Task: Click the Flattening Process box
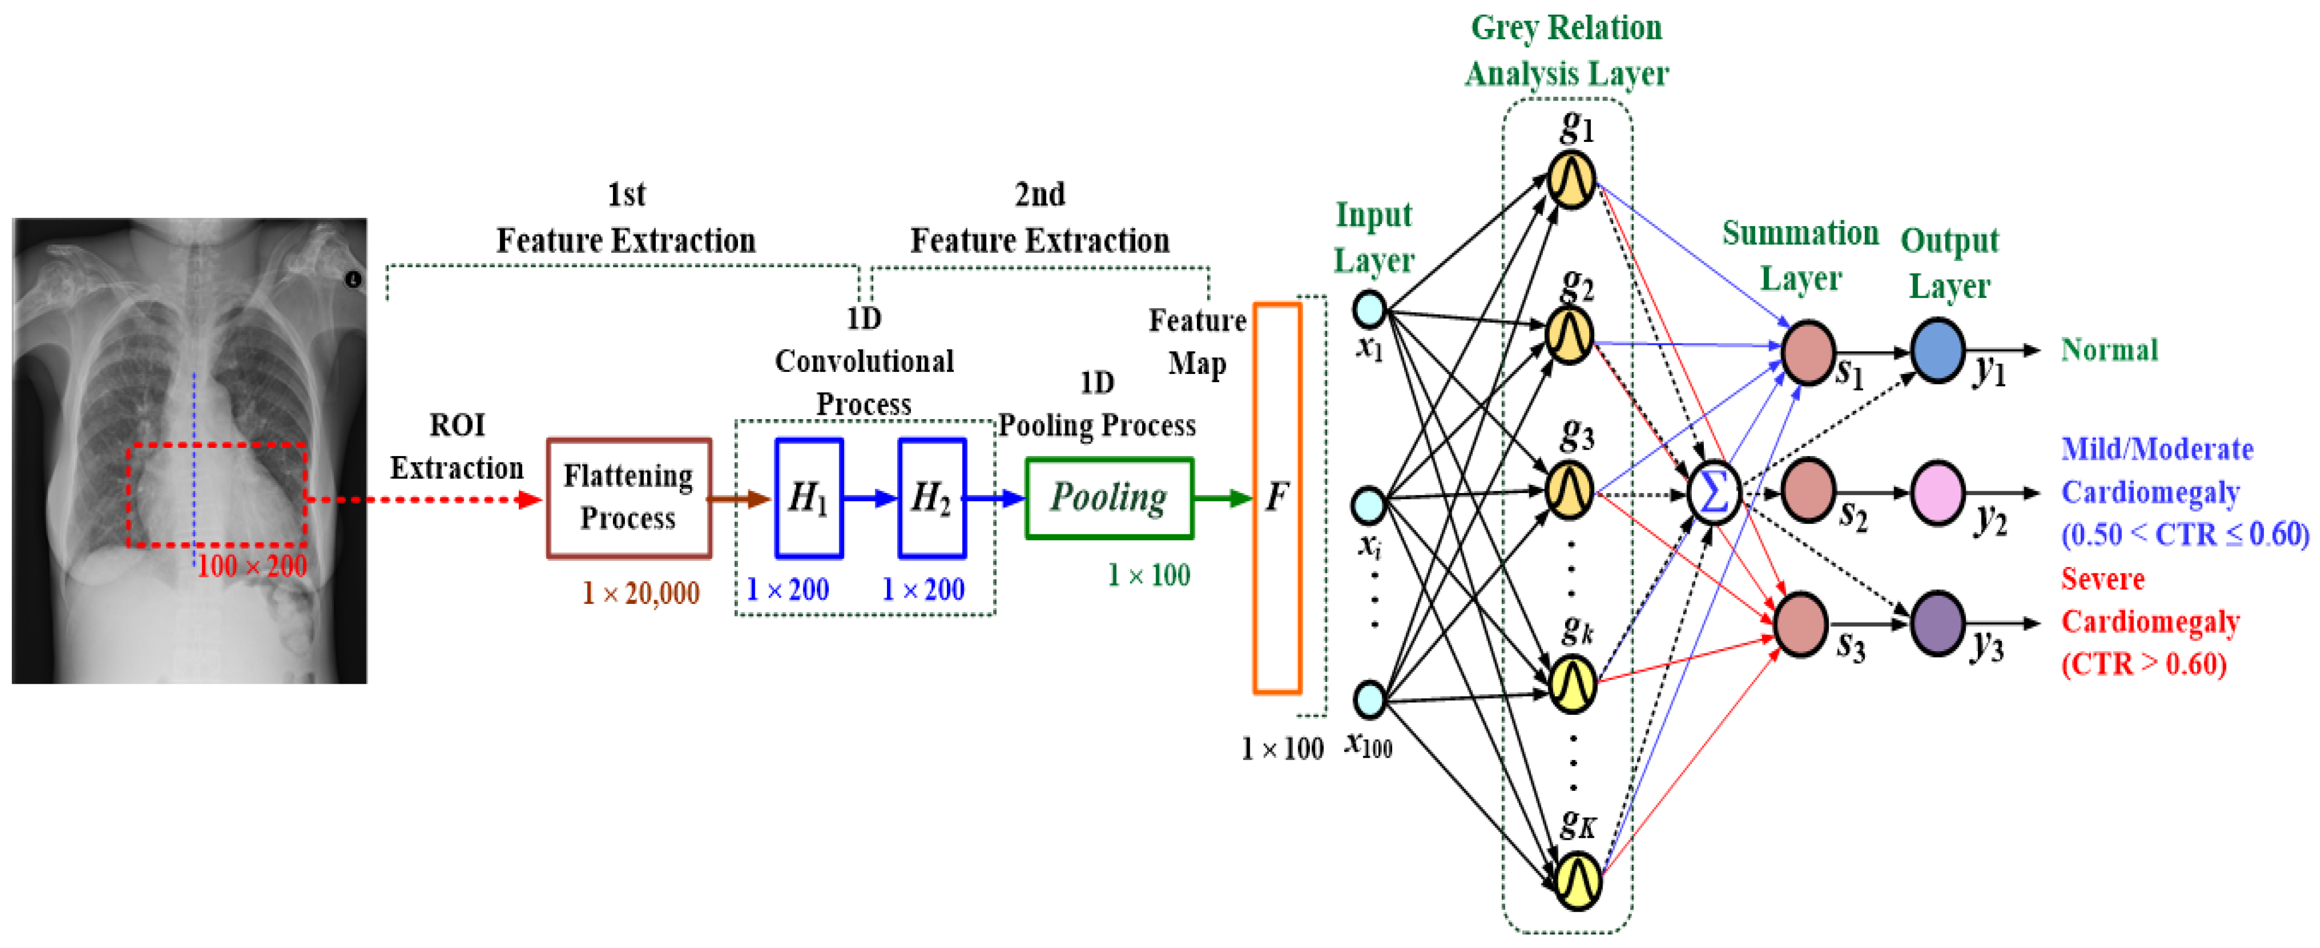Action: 629,498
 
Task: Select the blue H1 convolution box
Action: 809,498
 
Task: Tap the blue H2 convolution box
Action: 932,498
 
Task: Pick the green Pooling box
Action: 1109,498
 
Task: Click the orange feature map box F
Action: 1277,498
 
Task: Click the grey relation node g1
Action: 1572,178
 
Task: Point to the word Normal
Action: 2109,350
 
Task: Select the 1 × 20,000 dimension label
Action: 640,592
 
